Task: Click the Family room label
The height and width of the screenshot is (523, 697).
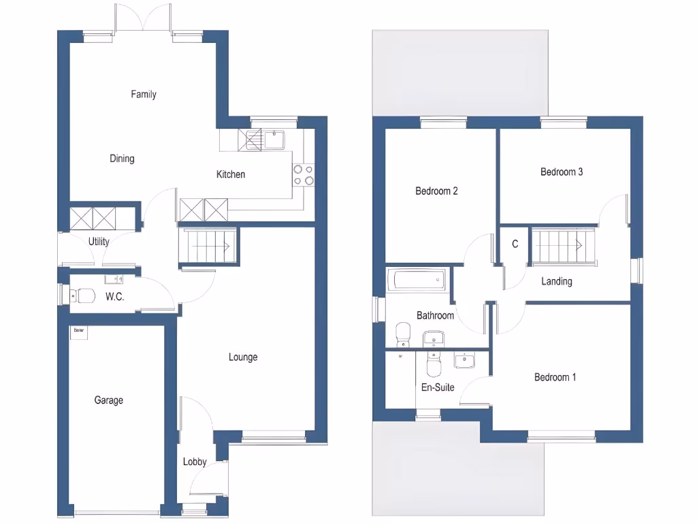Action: [x=144, y=95]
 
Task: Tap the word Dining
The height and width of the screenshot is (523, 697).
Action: [x=122, y=159]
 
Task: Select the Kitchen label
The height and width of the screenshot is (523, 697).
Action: [x=231, y=175]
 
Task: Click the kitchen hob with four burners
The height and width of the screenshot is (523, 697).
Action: [x=304, y=175]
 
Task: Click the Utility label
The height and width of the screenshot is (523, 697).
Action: [x=99, y=242]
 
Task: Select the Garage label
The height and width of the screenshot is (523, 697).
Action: [x=108, y=400]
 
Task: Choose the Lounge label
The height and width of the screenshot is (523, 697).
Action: [x=243, y=358]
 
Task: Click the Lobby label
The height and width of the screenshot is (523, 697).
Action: [x=195, y=462]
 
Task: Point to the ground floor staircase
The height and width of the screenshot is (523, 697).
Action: [x=208, y=244]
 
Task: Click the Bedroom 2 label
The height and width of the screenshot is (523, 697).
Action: [x=436, y=191]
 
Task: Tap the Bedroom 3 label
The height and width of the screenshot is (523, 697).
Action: [x=562, y=172]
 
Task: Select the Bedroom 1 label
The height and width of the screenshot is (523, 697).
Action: [x=555, y=377]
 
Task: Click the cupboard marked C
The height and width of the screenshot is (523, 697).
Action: [x=515, y=244]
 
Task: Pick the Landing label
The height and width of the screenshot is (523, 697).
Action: [x=557, y=281]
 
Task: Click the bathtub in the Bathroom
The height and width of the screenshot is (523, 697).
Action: [x=417, y=279]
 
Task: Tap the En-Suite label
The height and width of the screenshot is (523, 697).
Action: [x=438, y=387]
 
